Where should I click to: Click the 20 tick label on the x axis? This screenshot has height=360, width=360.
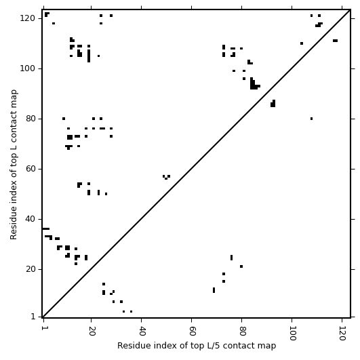[92, 331]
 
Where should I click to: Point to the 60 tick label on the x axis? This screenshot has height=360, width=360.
[192, 331]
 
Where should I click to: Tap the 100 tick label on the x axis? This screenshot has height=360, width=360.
[292, 334]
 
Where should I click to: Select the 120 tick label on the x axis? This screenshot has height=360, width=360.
[342, 334]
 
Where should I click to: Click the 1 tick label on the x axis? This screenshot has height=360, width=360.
[43, 329]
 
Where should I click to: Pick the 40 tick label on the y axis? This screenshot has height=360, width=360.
[31, 219]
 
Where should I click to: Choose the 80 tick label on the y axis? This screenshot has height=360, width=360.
[31, 119]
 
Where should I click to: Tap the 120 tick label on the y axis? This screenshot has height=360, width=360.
[28, 18]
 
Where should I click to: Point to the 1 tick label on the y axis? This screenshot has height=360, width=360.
[33, 317]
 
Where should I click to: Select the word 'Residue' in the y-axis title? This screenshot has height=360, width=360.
[14, 223]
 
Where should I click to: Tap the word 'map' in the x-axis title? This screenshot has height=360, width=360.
[268, 346]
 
